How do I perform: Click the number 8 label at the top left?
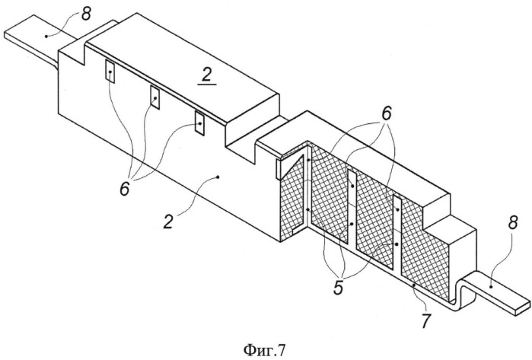(x=86, y=13)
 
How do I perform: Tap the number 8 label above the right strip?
(x=513, y=223)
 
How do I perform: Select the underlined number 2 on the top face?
(x=206, y=76)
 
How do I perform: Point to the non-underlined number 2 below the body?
(x=168, y=221)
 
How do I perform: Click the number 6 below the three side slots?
(x=125, y=188)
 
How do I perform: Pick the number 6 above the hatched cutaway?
(x=387, y=113)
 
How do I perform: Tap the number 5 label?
(x=338, y=287)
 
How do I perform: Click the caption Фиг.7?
(x=265, y=349)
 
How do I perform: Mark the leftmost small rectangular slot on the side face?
(x=110, y=71)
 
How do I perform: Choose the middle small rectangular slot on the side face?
(x=155, y=97)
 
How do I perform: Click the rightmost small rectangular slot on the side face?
(x=199, y=123)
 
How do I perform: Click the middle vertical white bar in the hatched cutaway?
(x=352, y=207)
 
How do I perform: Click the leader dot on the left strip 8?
(x=45, y=35)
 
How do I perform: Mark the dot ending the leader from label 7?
(x=414, y=286)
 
